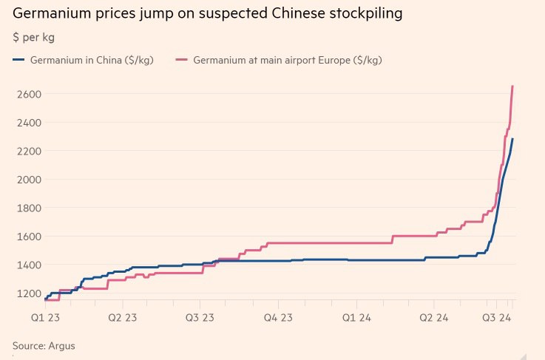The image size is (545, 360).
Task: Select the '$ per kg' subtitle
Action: coord(33,37)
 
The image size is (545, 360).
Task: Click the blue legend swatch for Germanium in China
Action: coord(19,60)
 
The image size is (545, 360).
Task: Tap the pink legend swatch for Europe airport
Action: coord(183,60)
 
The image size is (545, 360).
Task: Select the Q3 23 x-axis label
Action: coord(200,318)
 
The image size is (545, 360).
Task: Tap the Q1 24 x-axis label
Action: coord(356,318)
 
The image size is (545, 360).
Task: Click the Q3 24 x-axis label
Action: coord(499,318)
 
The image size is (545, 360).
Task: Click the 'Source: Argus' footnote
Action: coord(44,345)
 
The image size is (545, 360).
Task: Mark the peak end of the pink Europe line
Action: coord(512,86)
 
